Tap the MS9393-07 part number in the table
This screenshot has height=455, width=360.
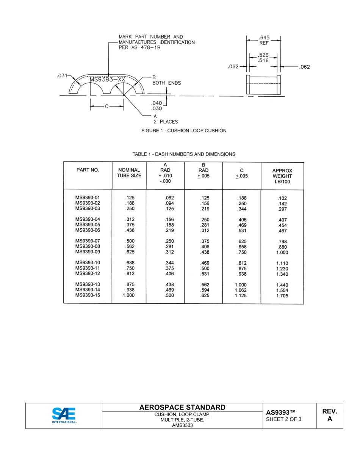[x=88, y=241]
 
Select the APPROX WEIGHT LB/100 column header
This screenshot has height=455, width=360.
[x=282, y=176]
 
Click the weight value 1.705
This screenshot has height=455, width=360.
[x=282, y=296]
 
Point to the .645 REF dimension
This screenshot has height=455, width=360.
[x=264, y=40]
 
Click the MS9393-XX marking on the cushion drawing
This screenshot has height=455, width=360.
[x=107, y=80]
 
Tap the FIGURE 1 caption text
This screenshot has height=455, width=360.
[x=184, y=131]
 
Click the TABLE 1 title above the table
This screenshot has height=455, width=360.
[x=184, y=154]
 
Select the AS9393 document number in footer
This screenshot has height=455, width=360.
[x=280, y=412]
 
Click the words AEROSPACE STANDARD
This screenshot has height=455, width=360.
[x=182, y=408]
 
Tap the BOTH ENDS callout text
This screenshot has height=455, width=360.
[x=166, y=83]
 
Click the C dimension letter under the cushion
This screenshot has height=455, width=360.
[x=106, y=107]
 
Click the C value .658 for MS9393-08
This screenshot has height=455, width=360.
[x=242, y=246]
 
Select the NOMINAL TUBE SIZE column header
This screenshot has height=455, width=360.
[x=130, y=173]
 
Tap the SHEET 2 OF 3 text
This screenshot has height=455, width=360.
[x=284, y=419]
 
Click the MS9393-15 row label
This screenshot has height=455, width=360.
[x=88, y=295]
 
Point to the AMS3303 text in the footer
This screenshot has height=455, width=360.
[x=182, y=425]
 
